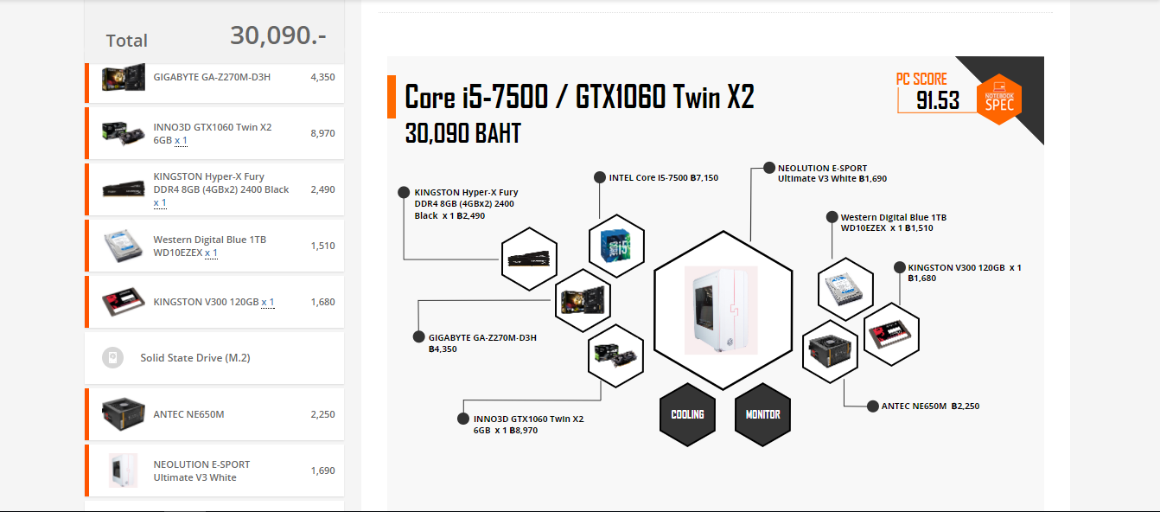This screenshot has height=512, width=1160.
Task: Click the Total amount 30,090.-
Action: [x=277, y=35]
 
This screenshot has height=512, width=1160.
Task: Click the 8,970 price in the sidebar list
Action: [x=322, y=133]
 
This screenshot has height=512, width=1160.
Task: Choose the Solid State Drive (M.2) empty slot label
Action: [x=195, y=358]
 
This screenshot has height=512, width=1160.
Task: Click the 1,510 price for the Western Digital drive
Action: [x=322, y=246]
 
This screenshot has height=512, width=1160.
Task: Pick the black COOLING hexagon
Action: [x=688, y=414]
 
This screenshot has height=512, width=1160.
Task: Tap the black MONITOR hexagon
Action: [x=763, y=414]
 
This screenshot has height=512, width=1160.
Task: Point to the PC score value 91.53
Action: [x=938, y=101]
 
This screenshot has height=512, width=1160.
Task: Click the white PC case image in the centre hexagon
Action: [x=721, y=310]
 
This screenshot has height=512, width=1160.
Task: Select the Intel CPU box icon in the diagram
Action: [x=616, y=246]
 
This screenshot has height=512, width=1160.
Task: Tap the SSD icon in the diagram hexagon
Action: [x=892, y=333]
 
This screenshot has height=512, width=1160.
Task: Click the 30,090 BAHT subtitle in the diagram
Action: [x=463, y=134]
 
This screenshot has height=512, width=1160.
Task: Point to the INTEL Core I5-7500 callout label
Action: [x=663, y=178]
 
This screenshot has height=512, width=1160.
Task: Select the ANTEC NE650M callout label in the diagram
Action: [x=930, y=406]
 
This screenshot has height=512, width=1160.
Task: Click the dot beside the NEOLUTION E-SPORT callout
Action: [x=768, y=168]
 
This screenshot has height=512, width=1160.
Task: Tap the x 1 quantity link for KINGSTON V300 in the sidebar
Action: [x=267, y=302]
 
